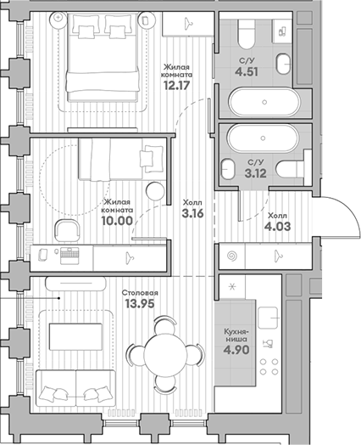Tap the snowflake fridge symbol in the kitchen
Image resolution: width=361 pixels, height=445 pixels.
coord(230,284)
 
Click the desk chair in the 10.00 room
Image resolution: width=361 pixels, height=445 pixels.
coord(65,228)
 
